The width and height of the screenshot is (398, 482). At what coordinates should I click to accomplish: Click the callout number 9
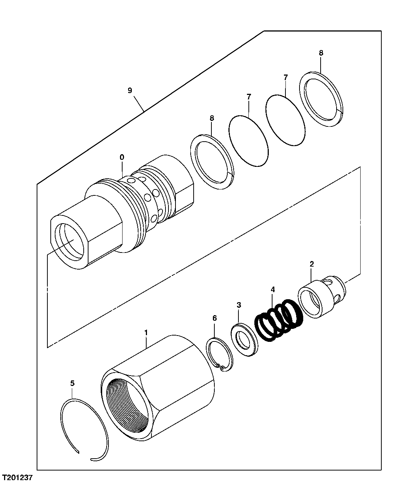(x=130, y=90)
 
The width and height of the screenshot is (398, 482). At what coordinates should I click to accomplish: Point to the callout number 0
(x=122, y=157)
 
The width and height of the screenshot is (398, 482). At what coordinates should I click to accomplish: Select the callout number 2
(x=311, y=264)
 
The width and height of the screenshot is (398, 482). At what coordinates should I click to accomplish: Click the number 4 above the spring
(x=272, y=289)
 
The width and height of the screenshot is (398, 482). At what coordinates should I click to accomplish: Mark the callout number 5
(x=72, y=383)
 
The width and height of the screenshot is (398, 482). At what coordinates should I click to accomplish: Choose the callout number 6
(x=214, y=318)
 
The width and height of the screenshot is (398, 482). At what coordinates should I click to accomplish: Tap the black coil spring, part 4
(x=280, y=320)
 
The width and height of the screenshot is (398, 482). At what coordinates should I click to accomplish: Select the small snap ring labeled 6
(x=220, y=354)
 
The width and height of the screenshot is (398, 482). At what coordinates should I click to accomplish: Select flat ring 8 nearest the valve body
(x=212, y=162)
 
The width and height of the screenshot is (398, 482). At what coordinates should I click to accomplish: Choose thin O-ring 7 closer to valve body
(x=248, y=141)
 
